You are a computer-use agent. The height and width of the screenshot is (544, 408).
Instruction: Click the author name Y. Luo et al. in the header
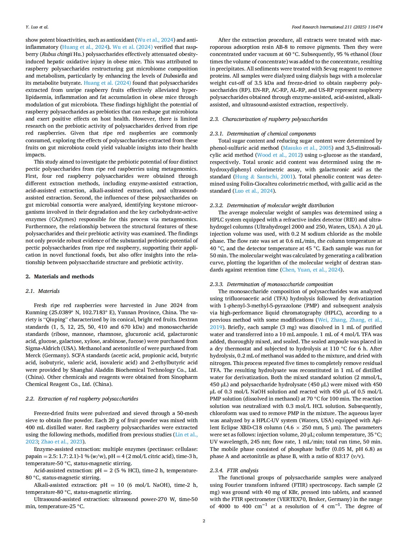(x=37, y=27)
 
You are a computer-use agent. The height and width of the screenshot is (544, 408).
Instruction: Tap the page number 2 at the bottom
(x=204, y=520)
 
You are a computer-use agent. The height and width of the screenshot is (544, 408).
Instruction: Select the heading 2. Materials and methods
(x=59, y=276)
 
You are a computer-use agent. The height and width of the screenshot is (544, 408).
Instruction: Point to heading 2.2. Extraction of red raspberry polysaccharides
(x=82, y=399)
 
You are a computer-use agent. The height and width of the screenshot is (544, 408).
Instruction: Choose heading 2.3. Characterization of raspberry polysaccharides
(x=268, y=119)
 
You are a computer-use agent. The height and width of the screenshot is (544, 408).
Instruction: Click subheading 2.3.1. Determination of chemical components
(x=263, y=133)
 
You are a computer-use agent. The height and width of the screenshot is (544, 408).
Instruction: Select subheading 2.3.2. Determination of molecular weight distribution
(x=272, y=205)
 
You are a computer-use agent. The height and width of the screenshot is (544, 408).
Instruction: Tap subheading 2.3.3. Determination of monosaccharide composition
(x=271, y=284)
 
